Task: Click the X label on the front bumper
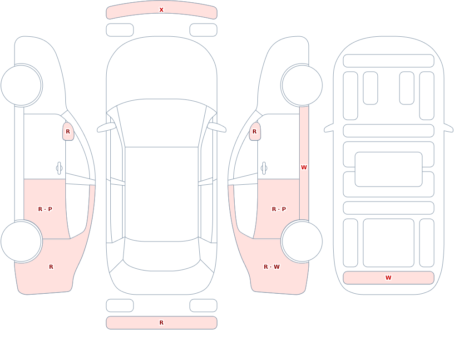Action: coord(161,10)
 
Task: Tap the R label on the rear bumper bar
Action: coord(161,323)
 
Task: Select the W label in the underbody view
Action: coord(388,278)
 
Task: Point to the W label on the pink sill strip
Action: coord(304,168)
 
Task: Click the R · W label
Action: coord(271,267)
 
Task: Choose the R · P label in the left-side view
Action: coord(45,209)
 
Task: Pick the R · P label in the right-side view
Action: coord(279,209)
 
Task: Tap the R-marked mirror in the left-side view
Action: coord(68,132)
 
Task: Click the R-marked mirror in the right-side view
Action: coord(255,132)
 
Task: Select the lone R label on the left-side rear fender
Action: coord(51,267)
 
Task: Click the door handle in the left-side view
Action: coord(59,168)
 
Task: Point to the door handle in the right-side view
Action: coord(264,168)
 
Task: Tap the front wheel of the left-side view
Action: coord(21,85)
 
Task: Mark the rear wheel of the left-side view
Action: coord(21,241)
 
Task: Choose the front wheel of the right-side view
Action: coord(302,85)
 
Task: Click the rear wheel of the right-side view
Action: coord(302,241)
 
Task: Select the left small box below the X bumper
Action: coord(120,30)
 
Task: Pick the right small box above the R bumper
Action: coord(203,306)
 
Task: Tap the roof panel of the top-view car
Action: coord(162,194)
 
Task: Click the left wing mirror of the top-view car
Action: coord(106,128)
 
